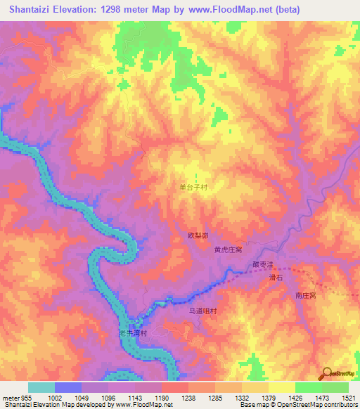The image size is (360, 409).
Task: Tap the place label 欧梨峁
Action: tap(198, 235)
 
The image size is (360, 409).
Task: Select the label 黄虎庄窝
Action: tap(228, 249)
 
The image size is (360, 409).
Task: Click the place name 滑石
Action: tap(276, 278)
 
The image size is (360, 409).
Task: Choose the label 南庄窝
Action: tap(306, 296)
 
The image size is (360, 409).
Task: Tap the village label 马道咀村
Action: tap(205, 311)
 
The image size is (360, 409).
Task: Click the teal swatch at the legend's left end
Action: tap(41, 387)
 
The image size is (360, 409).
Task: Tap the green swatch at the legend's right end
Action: tap(335, 387)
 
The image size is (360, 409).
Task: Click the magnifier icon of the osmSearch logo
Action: tap(326, 373)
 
